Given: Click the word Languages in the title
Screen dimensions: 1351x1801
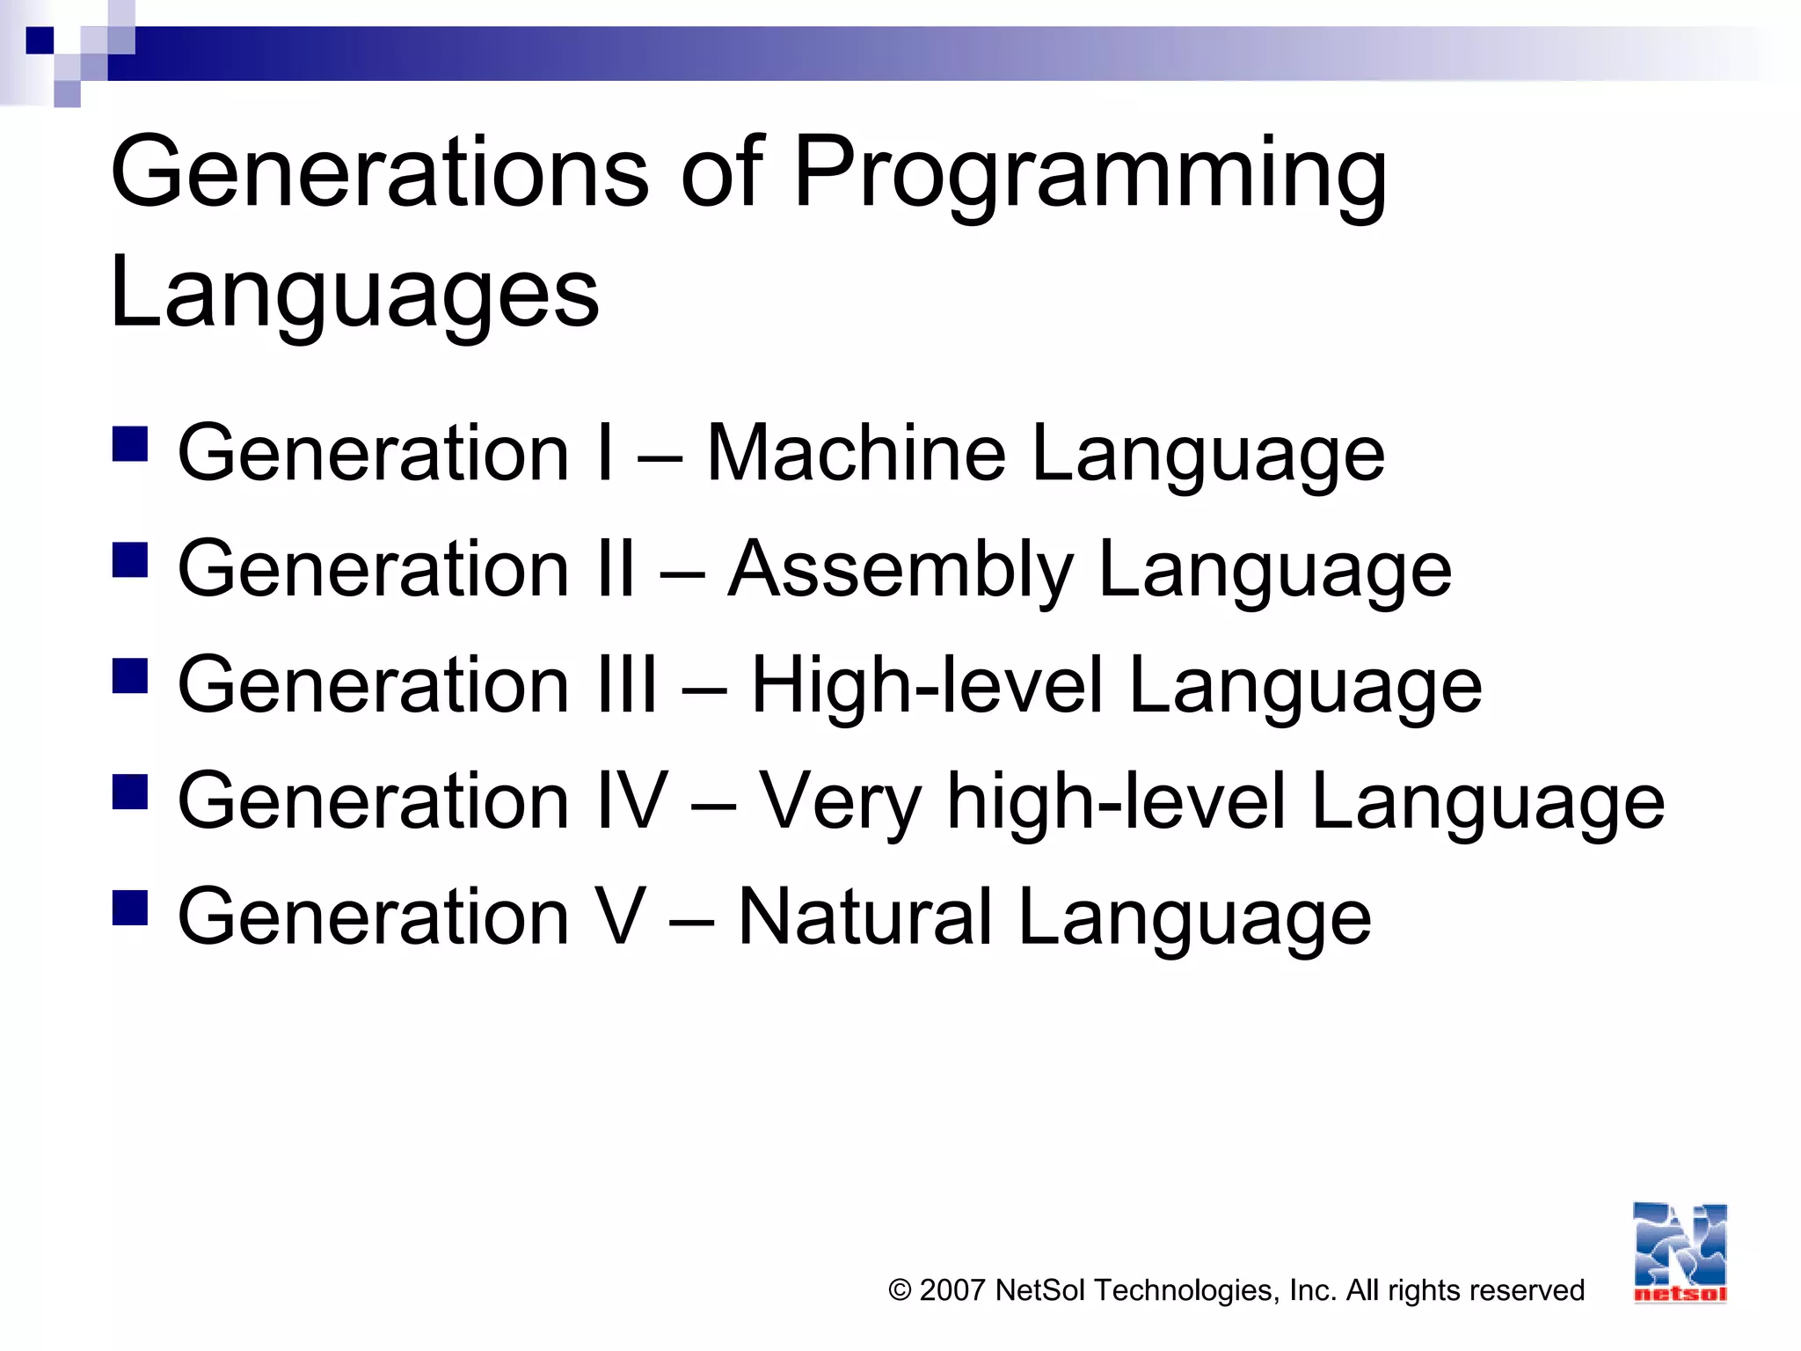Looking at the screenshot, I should (x=354, y=293).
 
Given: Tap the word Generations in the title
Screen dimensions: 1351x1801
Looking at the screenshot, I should (x=379, y=172).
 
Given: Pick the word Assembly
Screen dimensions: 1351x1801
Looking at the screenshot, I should (x=900, y=570).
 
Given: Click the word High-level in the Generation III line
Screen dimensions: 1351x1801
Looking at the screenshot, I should (x=926, y=685).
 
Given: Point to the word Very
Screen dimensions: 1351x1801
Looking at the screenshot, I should (x=840, y=802).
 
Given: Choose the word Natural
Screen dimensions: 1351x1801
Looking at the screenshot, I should (x=865, y=916).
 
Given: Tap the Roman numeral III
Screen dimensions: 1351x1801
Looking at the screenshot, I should (x=626, y=685).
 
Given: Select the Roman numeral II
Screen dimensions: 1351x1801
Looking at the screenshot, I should (x=615, y=569).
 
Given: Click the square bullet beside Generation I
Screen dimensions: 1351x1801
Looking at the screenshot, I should (x=130, y=444).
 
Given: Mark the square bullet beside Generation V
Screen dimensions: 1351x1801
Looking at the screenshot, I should (x=130, y=908).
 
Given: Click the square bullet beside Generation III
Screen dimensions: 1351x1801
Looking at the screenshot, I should (x=130, y=676).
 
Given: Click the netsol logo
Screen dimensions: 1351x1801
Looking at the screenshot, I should (x=1680, y=1252).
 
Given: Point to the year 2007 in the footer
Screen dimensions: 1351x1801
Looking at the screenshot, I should (x=952, y=1290).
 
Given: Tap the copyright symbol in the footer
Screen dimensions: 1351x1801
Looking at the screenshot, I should (x=900, y=1290).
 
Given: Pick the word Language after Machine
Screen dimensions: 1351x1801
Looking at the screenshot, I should (x=1208, y=455).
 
